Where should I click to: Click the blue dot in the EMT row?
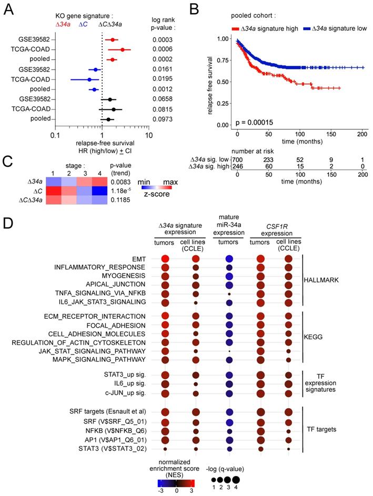point(229,259)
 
